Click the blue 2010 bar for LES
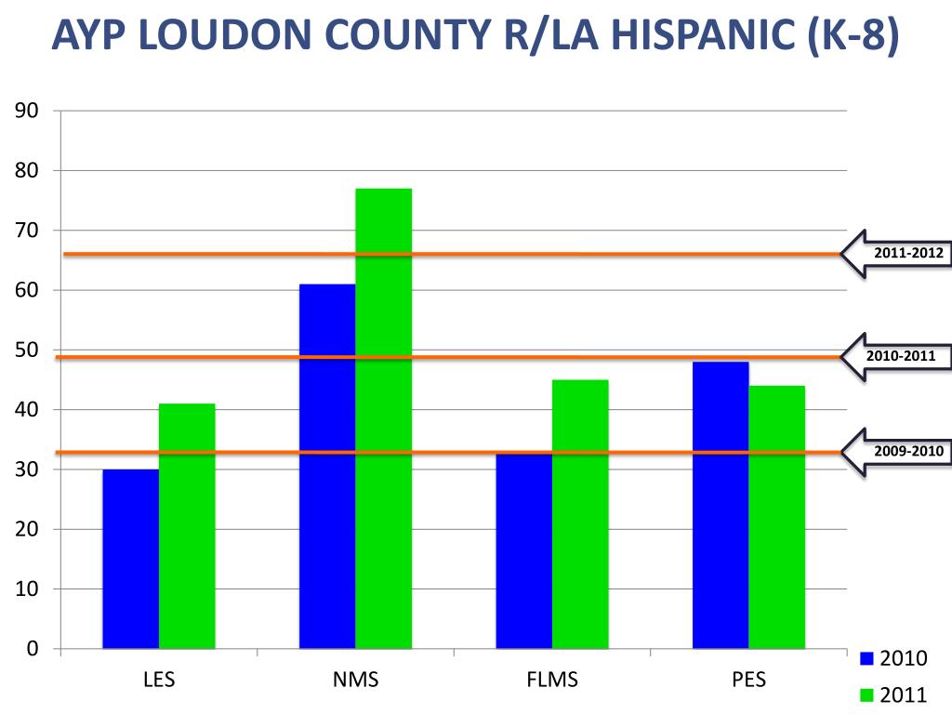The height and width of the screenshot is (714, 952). [130, 559]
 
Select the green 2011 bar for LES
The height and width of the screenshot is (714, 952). [187, 526]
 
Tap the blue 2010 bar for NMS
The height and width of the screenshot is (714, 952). [327, 466]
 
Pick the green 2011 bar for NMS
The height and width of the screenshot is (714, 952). [383, 418]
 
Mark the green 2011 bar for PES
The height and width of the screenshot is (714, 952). [777, 517]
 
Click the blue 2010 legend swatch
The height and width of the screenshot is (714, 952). [867, 659]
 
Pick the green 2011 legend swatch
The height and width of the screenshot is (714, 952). [867, 694]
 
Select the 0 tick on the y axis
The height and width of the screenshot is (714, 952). [32, 649]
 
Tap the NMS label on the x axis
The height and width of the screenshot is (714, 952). [355, 680]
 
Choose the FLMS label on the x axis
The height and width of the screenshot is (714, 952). [551, 680]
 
